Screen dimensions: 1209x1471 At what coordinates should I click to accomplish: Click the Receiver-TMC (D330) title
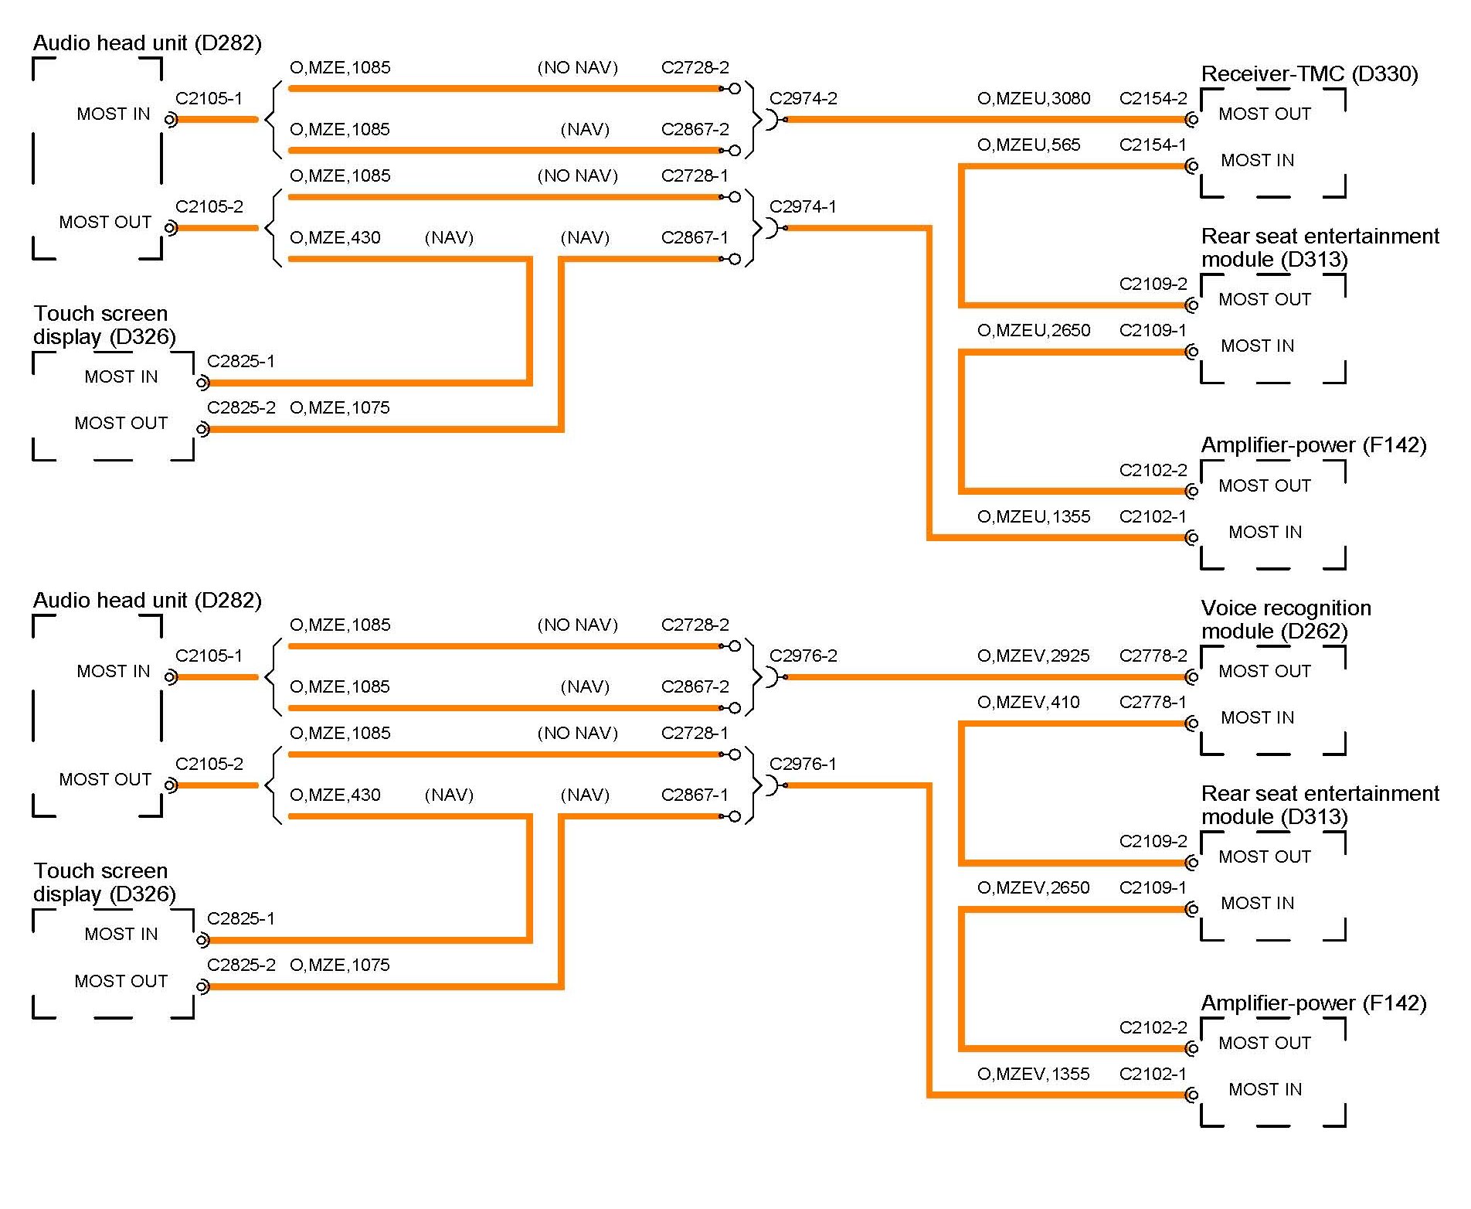pyautogui.click(x=1309, y=74)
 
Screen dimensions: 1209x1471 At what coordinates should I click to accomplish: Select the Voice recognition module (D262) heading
pyautogui.click(x=1286, y=620)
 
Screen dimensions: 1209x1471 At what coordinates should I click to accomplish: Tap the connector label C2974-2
pyautogui.click(x=803, y=99)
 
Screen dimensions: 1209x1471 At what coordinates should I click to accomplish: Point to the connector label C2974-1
pyautogui.click(x=803, y=207)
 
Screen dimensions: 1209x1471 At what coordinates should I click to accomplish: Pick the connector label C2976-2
pyautogui.click(x=803, y=656)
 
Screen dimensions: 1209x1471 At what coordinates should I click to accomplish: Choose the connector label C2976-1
pyautogui.click(x=803, y=765)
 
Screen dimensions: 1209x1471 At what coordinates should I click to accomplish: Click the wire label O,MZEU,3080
pyautogui.click(x=1034, y=99)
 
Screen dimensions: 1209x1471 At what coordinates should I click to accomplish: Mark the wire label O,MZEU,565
pyautogui.click(x=1028, y=145)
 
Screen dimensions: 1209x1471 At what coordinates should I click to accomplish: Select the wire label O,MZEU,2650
pyautogui.click(x=1034, y=331)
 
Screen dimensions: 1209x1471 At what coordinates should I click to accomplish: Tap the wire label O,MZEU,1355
pyautogui.click(x=1034, y=517)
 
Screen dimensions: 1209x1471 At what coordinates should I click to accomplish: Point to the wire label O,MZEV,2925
pyautogui.click(x=1033, y=656)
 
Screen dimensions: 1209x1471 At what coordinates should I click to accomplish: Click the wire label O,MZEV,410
pyautogui.click(x=1028, y=703)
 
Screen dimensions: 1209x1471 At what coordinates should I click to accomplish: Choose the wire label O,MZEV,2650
pyautogui.click(x=1033, y=888)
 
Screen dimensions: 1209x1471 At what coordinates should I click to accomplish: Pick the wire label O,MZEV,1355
pyautogui.click(x=1033, y=1074)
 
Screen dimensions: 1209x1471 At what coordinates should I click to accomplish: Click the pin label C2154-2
pyautogui.click(x=1153, y=99)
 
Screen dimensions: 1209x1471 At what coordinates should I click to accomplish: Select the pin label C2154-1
pyautogui.click(x=1153, y=145)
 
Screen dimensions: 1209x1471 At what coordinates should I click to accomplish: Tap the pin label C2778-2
pyautogui.click(x=1153, y=656)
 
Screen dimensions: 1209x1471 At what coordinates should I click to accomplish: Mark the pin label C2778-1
pyautogui.click(x=1153, y=703)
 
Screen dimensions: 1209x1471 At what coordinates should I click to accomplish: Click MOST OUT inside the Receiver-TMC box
pyautogui.click(x=1265, y=114)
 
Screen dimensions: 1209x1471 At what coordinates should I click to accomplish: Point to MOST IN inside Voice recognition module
pyautogui.click(x=1257, y=718)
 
